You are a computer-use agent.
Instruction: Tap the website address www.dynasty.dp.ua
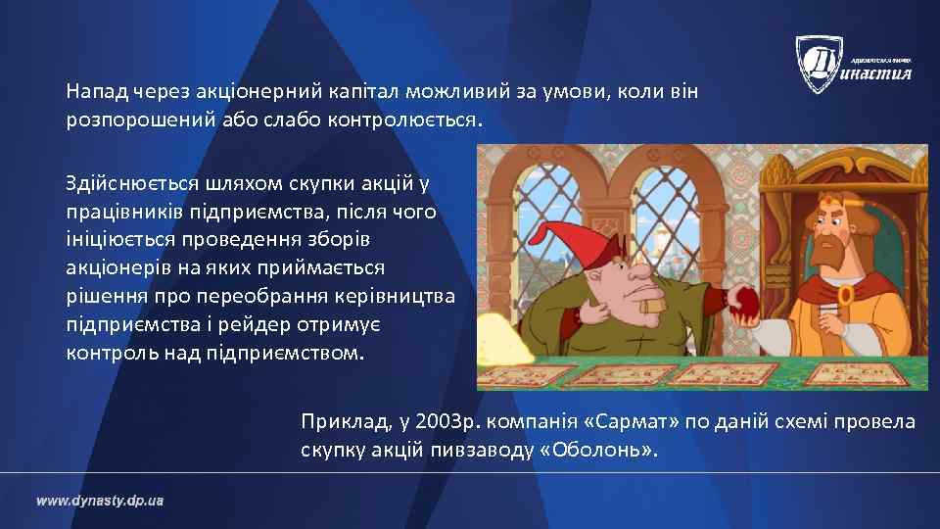point(100,501)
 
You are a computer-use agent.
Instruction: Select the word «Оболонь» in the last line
point(599,450)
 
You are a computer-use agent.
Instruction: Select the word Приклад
point(344,422)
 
